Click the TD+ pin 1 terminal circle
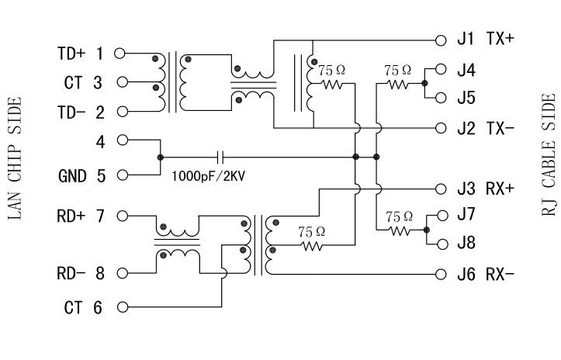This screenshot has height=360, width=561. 119,54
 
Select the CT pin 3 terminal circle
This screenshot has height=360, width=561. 119,82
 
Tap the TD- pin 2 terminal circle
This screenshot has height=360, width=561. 119,112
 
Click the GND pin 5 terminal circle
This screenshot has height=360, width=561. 119,175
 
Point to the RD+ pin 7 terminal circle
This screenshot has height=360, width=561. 119,216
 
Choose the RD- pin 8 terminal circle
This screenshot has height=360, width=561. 119,273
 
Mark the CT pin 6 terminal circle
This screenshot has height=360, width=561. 119,307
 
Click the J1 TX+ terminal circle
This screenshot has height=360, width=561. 441,38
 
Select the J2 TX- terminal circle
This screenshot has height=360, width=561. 441,127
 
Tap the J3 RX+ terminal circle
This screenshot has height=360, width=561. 441,188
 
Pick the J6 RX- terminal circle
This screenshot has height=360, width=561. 441,274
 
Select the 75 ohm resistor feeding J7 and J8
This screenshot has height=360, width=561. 399,230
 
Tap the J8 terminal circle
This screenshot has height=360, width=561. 442,244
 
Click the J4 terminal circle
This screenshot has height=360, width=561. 441,69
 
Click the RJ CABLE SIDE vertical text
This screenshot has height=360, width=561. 548,154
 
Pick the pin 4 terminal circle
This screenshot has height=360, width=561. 119,141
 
